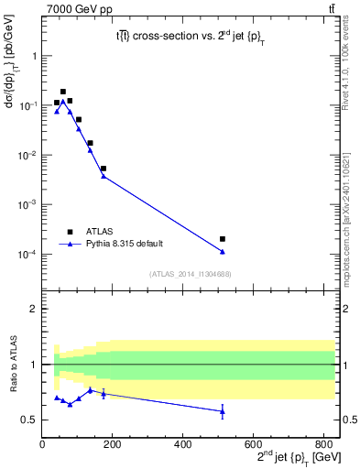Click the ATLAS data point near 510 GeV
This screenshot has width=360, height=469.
tap(223, 239)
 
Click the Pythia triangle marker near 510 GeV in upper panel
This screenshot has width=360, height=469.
tap(223, 252)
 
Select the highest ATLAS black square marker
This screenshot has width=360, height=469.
tap(63, 92)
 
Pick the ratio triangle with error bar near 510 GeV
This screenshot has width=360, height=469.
tap(223, 411)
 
